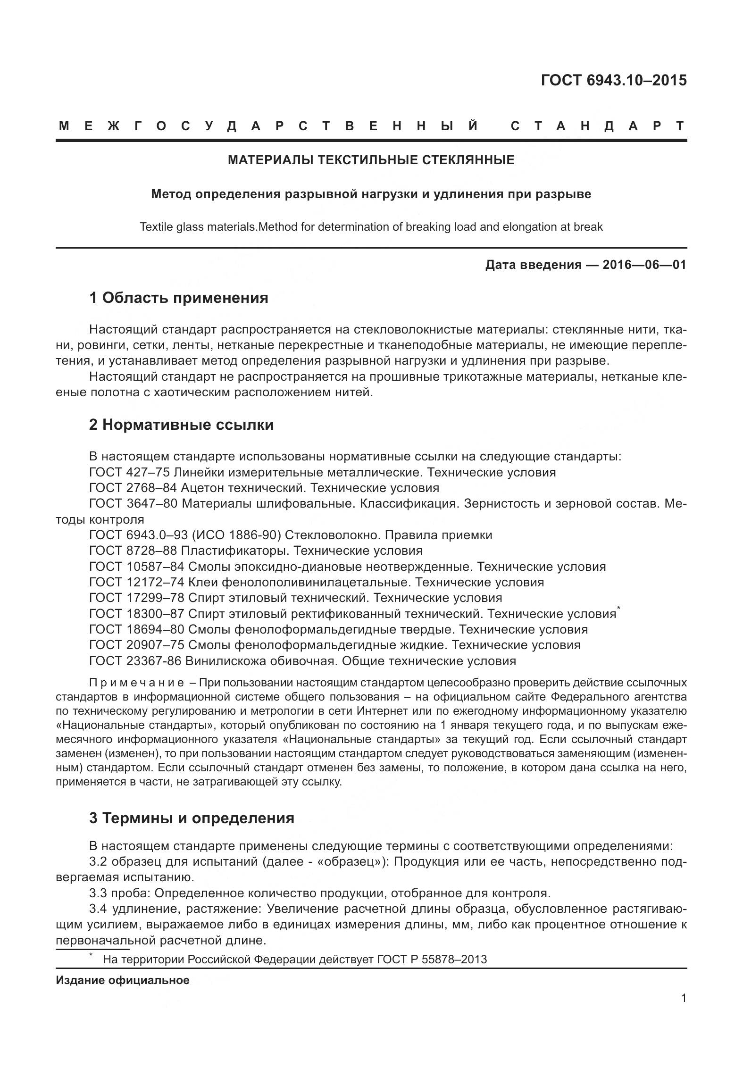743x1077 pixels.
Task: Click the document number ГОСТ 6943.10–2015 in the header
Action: coord(613,81)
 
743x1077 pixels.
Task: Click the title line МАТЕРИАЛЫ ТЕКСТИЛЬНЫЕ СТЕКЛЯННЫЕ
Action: coord(371,160)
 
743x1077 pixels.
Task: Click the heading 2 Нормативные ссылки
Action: coord(181,425)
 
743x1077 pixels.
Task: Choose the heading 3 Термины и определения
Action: coord(192,818)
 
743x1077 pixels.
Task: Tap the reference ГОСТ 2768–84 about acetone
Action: coord(133,488)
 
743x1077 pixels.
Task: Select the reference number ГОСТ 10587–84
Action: coord(136,567)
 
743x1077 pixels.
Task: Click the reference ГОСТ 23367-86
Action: coord(135,661)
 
